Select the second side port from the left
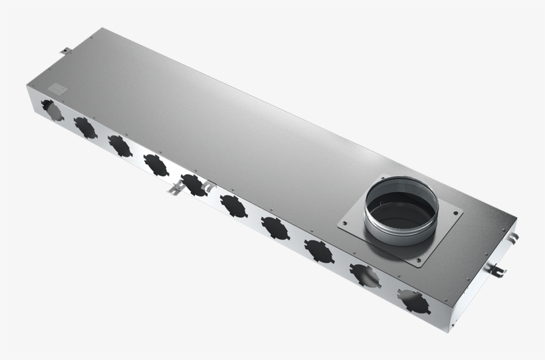pyautogui.click(x=85, y=127)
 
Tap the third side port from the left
pyautogui.click(x=120, y=145)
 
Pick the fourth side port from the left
pyautogui.click(x=156, y=165)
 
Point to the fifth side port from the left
pyautogui.click(x=194, y=185)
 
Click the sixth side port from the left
pyautogui.click(x=234, y=206)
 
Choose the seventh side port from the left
pyautogui.click(x=275, y=228)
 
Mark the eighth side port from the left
pyautogui.click(x=318, y=250)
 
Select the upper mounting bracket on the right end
pyautogui.click(x=514, y=238)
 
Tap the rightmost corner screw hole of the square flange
pyautogui.click(x=457, y=213)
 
